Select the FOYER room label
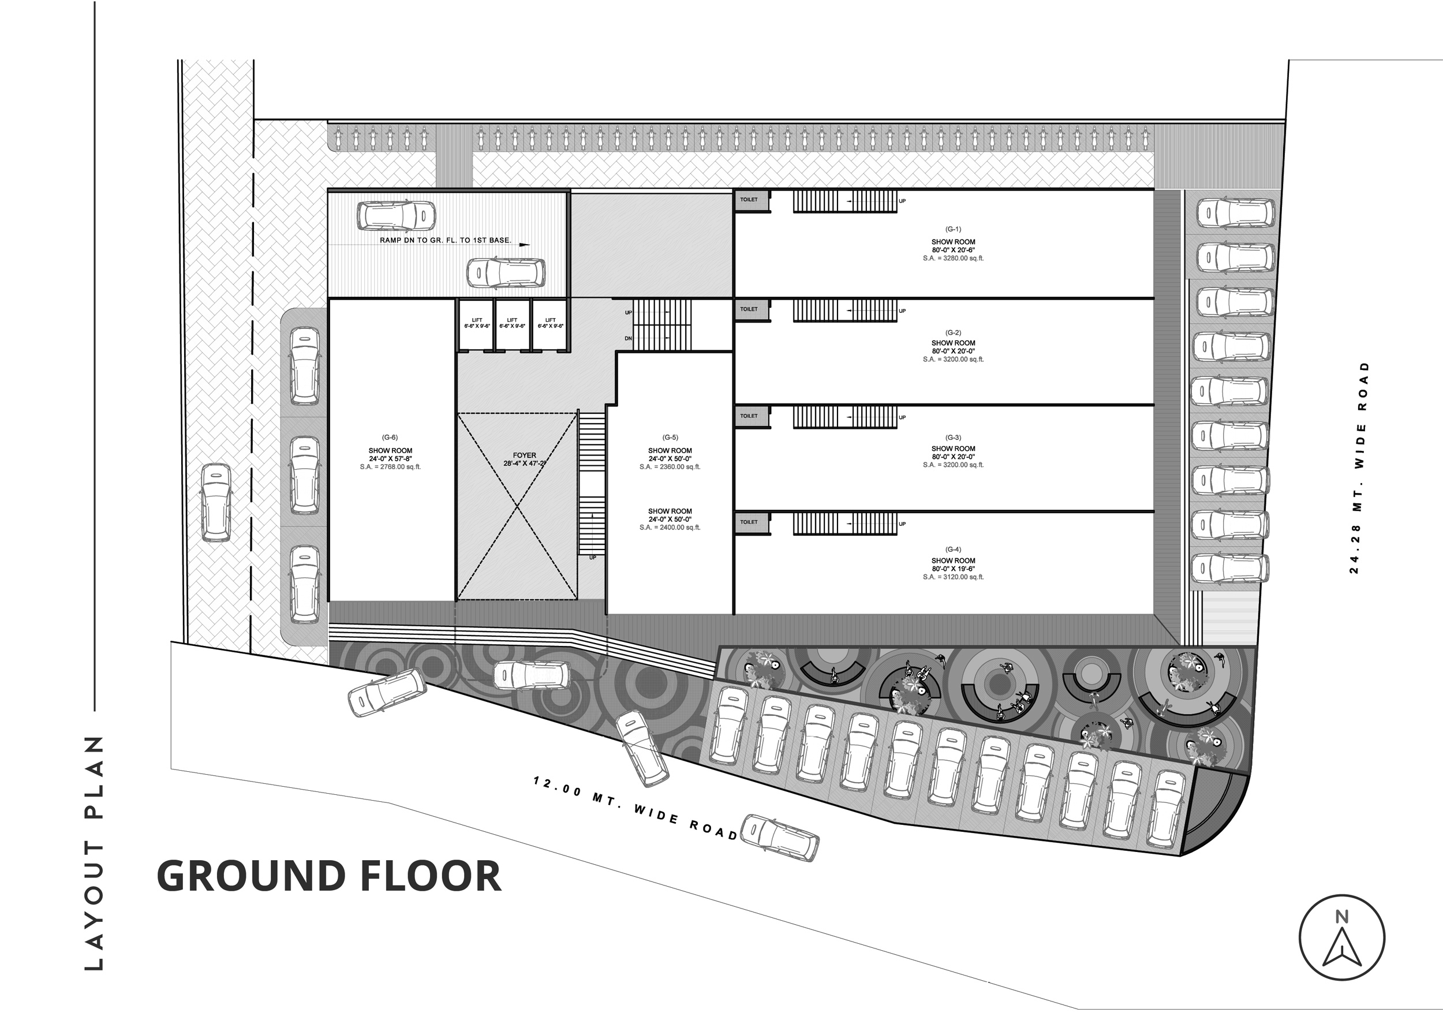[x=525, y=455]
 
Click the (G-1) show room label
[x=954, y=229]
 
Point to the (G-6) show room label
[x=390, y=438]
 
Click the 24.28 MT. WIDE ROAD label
[x=1358, y=468]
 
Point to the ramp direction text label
[x=446, y=241]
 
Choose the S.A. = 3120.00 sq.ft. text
[x=954, y=577]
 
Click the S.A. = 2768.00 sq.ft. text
[x=390, y=467]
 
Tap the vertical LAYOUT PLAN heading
[x=94, y=853]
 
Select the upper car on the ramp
[x=397, y=215]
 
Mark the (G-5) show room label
[x=670, y=438]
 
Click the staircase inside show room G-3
[x=844, y=417]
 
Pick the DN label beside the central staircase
[x=628, y=339]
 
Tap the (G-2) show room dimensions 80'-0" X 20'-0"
[x=954, y=352]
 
